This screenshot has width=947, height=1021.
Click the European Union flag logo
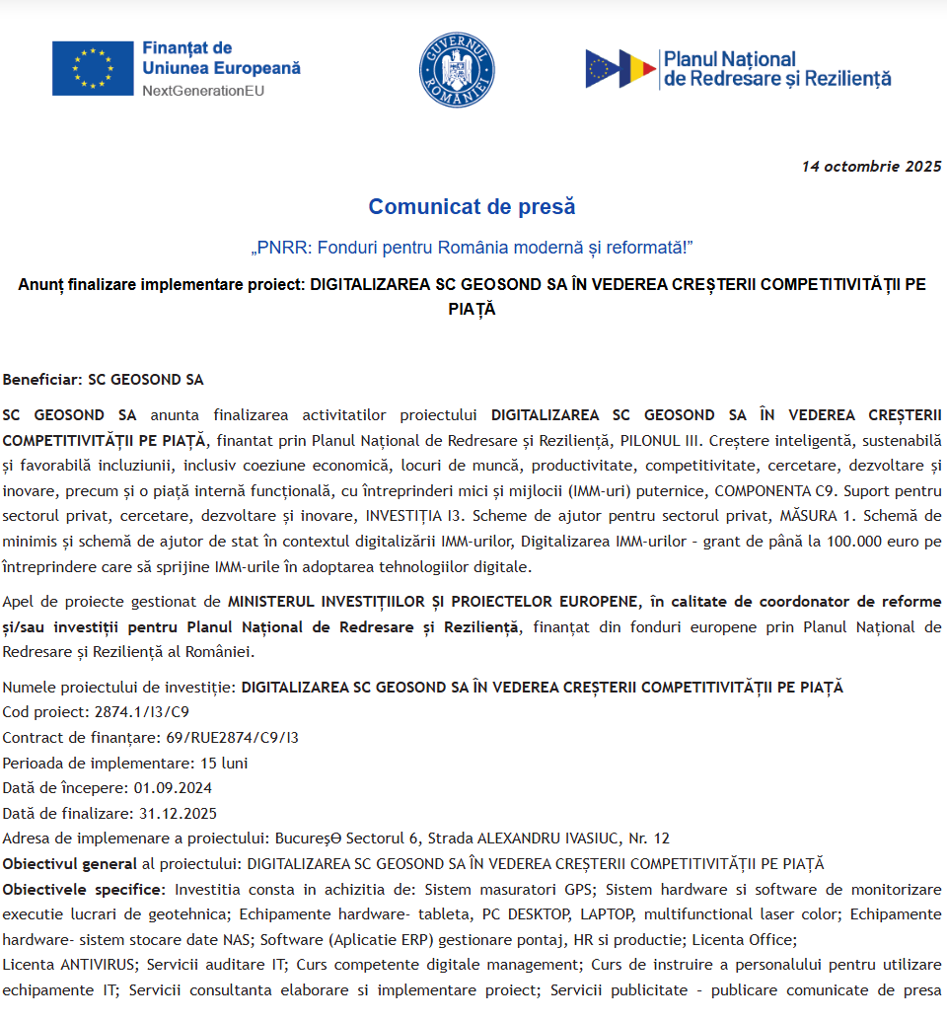(x=93, y=68)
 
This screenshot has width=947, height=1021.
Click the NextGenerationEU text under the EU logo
(x=203, y=91)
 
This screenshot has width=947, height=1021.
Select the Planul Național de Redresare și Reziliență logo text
(x=776, y=68)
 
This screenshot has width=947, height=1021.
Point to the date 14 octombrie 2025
(x=871, y=166)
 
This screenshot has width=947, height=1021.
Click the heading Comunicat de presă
(x=472, y=207)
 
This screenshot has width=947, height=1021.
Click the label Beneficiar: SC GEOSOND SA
(x=103, y=379)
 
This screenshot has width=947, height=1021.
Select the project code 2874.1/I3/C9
(x=142, y=711)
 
